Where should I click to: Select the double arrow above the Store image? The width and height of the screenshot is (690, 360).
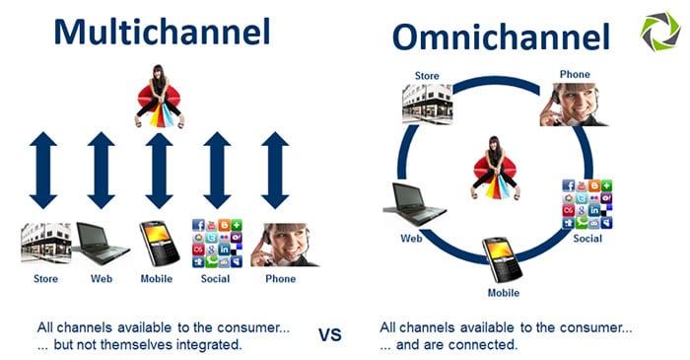pyautogui.click(x=43, y=170)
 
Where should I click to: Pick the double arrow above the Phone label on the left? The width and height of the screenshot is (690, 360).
pyautogui.click(x=275, y=170)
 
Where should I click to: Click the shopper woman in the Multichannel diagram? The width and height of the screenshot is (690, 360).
pyautogui.click(x=159, y=96)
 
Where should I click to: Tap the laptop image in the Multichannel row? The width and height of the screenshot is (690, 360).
pyautogui.click(x=102, y=244)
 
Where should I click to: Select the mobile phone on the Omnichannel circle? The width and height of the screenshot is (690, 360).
pyautogui.click(x=503, y=258)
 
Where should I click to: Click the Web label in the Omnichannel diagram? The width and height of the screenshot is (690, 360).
pyautogui.click(x=412, y=238)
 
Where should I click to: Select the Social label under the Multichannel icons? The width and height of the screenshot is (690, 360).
pyautogui.click(x=216, y=278)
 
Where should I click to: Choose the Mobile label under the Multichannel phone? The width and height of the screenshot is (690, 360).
pyautogui.click(x=156, y=278)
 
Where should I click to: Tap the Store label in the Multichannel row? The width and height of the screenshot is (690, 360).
pyautogui.click(x=45, y=278)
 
